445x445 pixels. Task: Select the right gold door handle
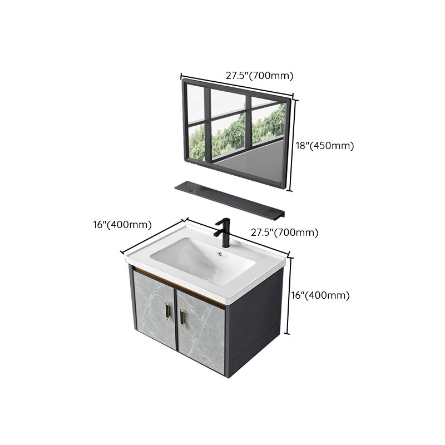(x=181, y=318)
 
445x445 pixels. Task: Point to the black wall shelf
(x=229, y=199)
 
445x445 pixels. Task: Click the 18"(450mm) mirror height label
(x=324, y=146)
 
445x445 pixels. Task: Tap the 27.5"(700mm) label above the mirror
(x=259, y=76)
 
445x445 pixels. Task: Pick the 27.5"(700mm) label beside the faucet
(x=285, y=233)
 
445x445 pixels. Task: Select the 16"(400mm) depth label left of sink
(x=122, y=225)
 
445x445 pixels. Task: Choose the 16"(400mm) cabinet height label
(x=320, y=295)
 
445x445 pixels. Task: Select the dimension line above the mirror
(x=236, y=85)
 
